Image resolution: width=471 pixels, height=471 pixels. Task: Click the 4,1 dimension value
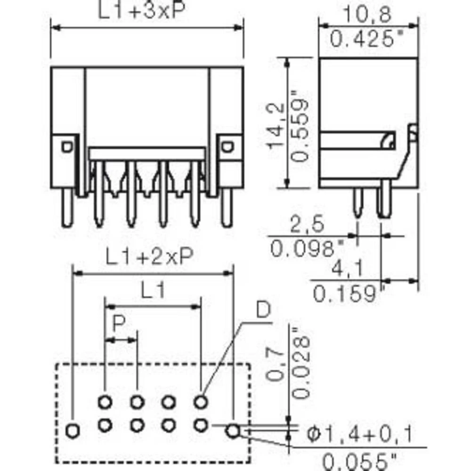[347, 269]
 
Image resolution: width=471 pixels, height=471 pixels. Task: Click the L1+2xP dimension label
[149, 257]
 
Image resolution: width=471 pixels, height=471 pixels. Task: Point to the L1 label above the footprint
[153, 292]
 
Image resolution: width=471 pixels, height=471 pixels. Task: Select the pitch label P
[120, 324]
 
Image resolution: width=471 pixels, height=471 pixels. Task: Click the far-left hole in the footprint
[73, 430]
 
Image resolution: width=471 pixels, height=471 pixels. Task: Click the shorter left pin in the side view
[358, 203]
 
